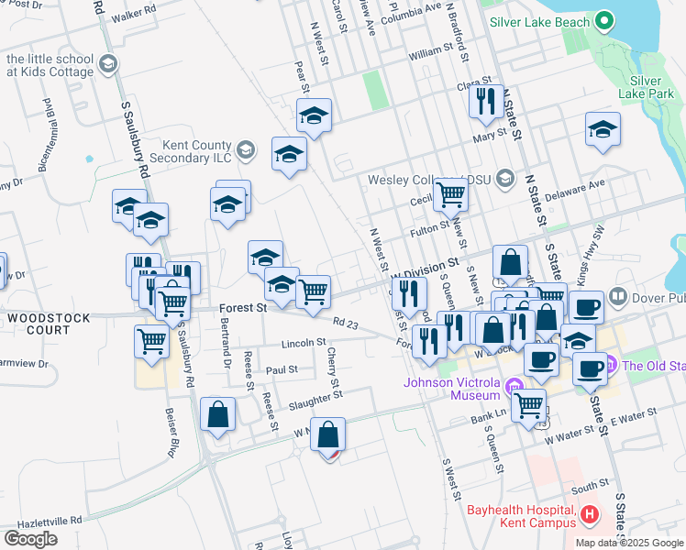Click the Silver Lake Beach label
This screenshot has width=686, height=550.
540,20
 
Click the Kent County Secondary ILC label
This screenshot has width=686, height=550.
197,150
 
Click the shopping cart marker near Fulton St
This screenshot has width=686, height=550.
450,193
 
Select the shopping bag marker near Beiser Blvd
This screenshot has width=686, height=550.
218,413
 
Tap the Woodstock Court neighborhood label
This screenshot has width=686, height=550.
38,323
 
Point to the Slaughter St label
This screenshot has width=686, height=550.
315,395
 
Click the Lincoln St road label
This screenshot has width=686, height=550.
304,343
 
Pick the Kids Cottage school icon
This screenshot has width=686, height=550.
108,64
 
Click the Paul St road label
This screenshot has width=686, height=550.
282,369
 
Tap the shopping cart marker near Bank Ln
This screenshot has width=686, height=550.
529,404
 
